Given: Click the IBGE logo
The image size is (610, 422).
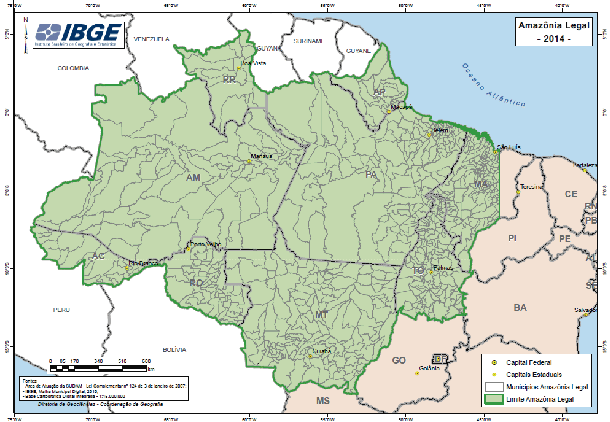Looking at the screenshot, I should (78, 35).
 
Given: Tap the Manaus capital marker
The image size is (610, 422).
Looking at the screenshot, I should (249, 161).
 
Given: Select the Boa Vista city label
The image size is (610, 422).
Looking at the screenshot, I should (253, 63).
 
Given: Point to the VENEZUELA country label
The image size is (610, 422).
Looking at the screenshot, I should (151, 39).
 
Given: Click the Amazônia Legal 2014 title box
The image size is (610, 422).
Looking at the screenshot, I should (554, 32).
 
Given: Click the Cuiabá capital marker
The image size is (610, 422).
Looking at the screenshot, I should (310, 356).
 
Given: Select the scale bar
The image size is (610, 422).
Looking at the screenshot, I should (98, 368).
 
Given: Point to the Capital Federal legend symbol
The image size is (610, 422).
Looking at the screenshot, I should (494, 363).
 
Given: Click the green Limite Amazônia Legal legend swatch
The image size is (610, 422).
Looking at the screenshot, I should (494, 399).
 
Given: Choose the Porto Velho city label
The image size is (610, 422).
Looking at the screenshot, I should (205, 244).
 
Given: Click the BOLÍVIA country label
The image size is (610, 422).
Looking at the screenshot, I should (174, 350).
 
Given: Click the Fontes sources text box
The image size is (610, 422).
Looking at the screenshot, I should (104, 389).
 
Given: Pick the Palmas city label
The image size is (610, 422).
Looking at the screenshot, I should (443, 268).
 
